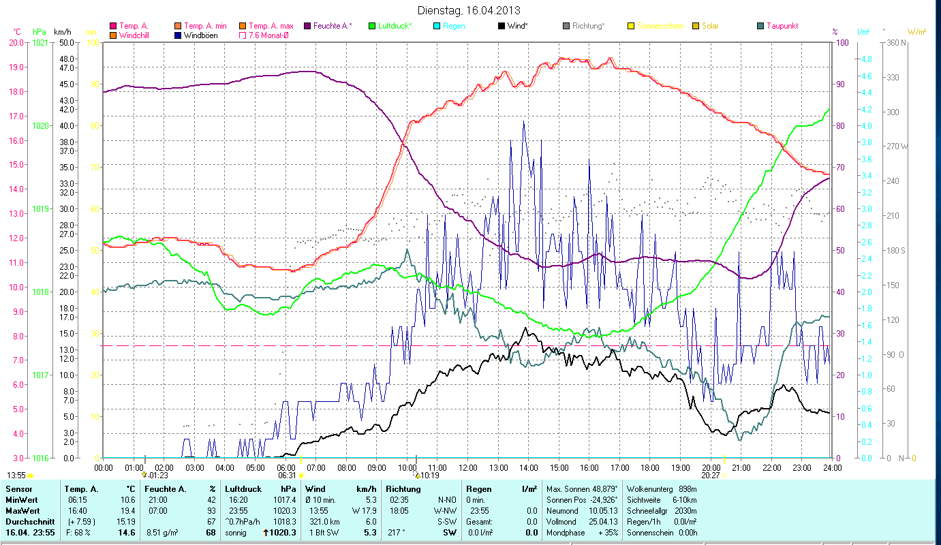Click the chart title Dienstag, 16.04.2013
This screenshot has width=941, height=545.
pyautogui.click(x=470, y=10)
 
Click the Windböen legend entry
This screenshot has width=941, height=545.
pyautogui.click(x=197, y=35)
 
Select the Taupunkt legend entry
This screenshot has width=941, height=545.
pyautogui.click(x=782, y=26)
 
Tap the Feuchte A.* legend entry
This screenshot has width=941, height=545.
pyautogui.click(x=333, y=26)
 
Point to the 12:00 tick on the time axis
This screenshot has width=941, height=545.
pyautogui.click(x=468, y=468)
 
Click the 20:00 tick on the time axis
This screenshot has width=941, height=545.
pyautogui.click(x=711, y=468)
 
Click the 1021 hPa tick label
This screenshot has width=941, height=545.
pyautogui.click(x=40, y=42)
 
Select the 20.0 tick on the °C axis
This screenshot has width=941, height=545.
pyautogui.click(x=16, y=42)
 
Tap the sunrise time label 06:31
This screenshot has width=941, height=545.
pyautogui.click(x=287, y=476)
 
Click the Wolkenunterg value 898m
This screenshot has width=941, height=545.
pyautogui.click(x=688, y=488)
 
